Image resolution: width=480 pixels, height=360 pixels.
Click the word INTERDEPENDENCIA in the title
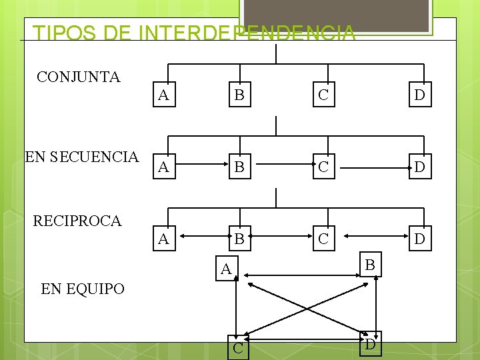tap(246, 33)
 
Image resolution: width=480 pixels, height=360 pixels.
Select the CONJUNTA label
tap(79, 77)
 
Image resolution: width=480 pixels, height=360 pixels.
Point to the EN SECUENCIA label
tap(81, 157)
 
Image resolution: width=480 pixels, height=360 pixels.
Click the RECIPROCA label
tap(77, 221)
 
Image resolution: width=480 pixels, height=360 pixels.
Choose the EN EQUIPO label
tap(83, 289)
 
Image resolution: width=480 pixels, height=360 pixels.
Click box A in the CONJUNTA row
tap(163, 95)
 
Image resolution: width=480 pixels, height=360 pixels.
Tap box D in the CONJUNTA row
tap(419, 95)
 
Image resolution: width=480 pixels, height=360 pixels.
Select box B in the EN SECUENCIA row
tap(239, 167)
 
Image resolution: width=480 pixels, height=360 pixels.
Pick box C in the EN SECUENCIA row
tap(323, 167)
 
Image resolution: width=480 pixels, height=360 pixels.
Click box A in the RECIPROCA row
tap(163, 239)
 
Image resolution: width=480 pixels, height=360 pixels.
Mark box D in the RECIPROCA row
tap(419, 239)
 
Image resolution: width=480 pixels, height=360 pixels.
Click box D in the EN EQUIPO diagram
tap(370, 345)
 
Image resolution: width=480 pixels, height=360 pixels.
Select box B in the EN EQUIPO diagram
tap(371, 266)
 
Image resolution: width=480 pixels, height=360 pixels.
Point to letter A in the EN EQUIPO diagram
tap(227, 269)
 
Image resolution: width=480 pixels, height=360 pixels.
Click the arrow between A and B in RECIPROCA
tap(200, 235)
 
